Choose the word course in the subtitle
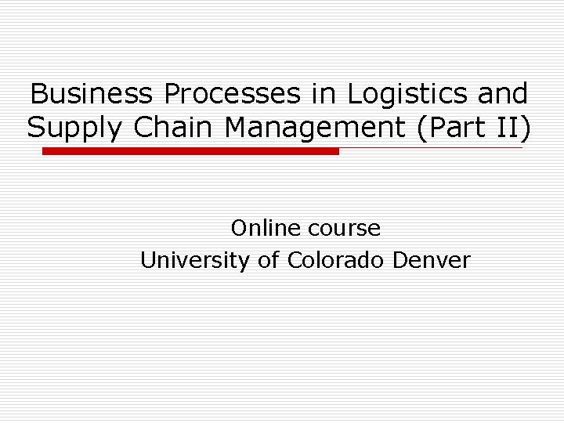[x=345, y=229]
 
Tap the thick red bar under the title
[x=190, y=151]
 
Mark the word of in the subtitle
[x=269, y=260]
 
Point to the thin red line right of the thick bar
[x=431, y=148]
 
